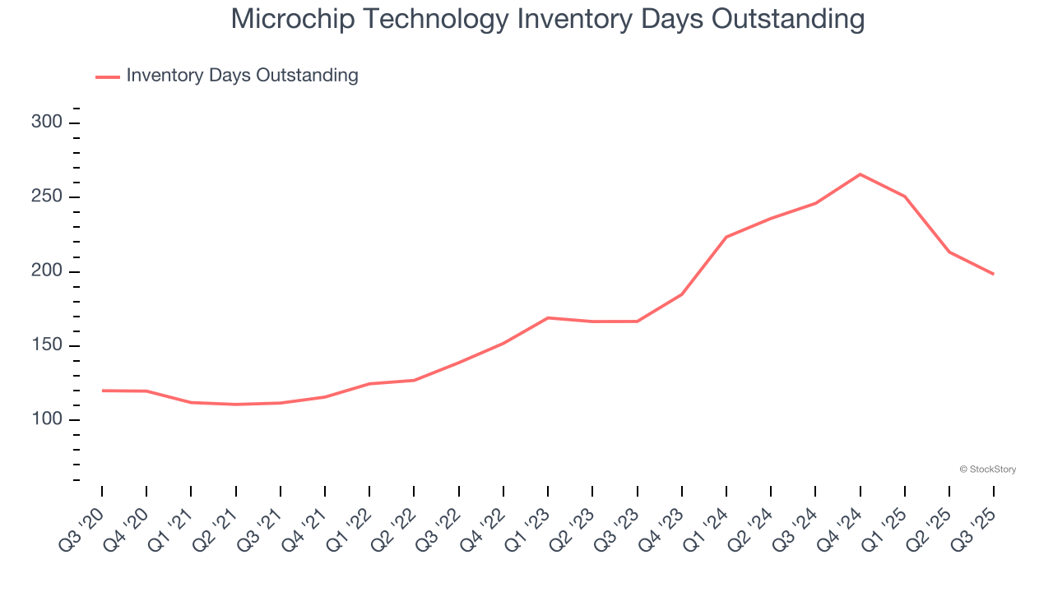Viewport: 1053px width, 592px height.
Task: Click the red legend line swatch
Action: pos(108,76)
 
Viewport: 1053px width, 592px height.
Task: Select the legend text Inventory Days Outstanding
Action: pos(242,76)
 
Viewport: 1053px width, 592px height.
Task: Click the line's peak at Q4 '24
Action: pos(860,174)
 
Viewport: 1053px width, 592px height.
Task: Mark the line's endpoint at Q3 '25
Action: pos(993,274)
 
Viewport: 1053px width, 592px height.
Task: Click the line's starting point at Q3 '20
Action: pos(102,391)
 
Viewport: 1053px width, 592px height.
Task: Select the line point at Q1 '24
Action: pos(726,237)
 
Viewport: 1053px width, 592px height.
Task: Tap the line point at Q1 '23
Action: pos(548,317)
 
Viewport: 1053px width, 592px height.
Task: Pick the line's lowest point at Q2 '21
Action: pos(236,405)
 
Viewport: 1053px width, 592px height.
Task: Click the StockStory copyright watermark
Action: pos(987,469)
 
